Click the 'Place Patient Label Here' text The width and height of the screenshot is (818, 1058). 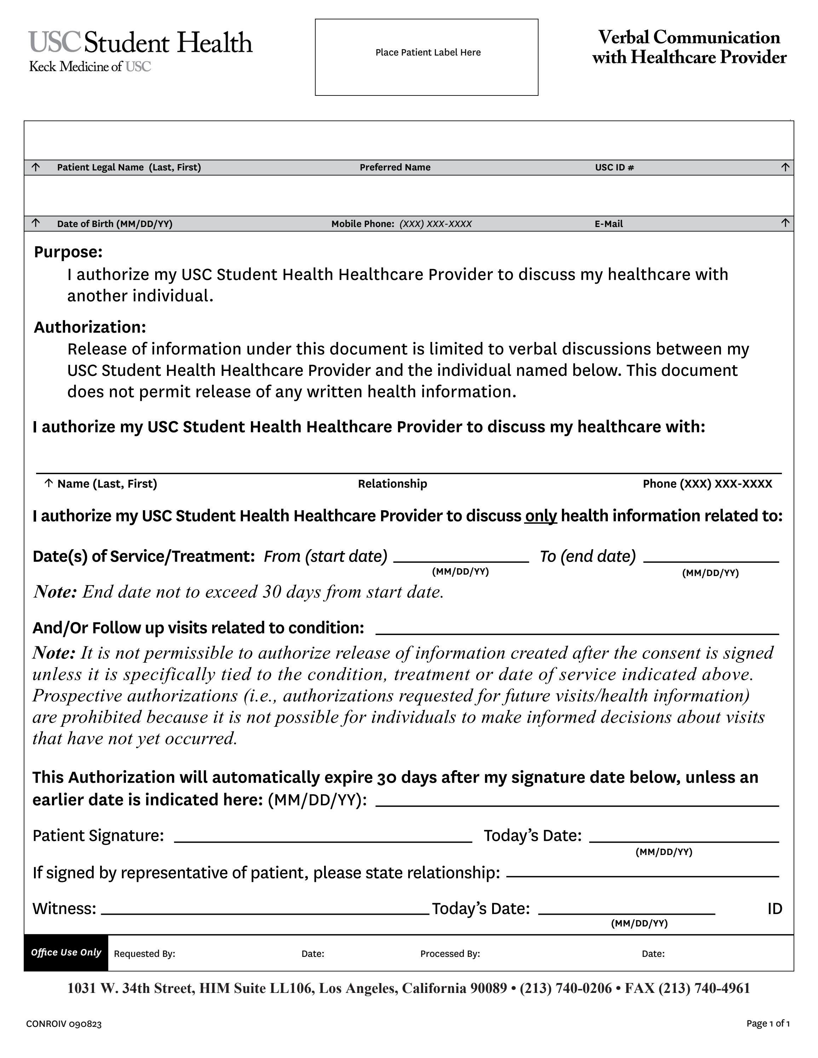click(x=427, y=52)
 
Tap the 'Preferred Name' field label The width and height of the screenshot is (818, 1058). click(x=394, y=168)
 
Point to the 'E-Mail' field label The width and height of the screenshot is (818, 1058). click(x=608, y=224)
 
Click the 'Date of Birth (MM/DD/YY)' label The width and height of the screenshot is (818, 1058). click(x=114, y=224)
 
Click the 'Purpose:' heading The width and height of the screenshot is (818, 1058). click(x=68, y=252)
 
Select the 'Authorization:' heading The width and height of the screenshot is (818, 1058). click(x=90, y=327)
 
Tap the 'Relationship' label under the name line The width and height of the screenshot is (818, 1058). click(x=392, y=483)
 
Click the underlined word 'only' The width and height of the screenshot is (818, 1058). click(x=540, y=516)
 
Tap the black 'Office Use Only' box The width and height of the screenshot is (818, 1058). click(x=66, y=952)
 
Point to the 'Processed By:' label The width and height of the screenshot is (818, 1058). click(x=450, y=953)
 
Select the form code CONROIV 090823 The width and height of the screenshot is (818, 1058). click(x=64, y=1024)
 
